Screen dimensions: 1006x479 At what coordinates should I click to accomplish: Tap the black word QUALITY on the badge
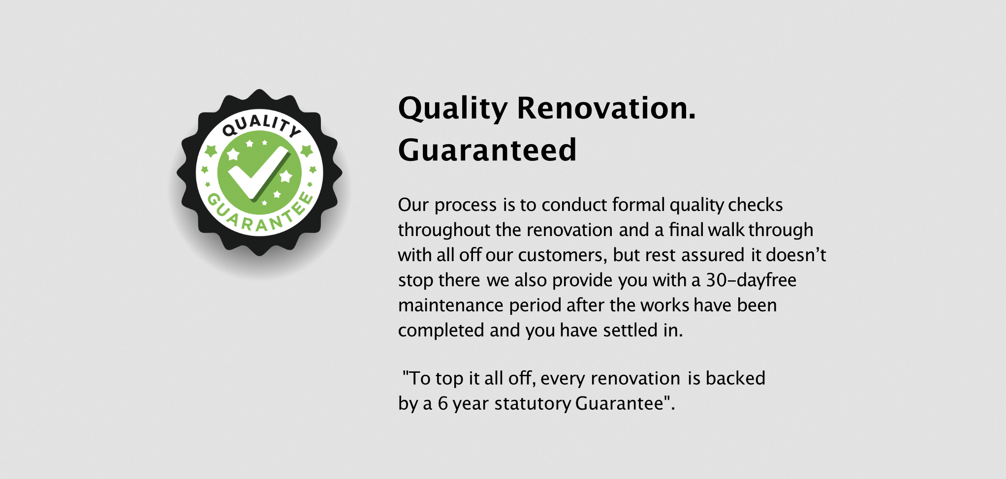point(261,124)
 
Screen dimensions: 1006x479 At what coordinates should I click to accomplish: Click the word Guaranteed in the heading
point(487,150)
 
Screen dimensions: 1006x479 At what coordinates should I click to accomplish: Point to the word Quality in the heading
point(453,109)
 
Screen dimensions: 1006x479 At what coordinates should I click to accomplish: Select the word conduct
point(574,205)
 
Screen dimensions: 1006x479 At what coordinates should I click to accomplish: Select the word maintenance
point(451,305)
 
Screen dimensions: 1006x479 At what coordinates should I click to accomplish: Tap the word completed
point(441,330)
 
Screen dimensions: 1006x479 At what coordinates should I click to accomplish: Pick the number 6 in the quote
point(443,404)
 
